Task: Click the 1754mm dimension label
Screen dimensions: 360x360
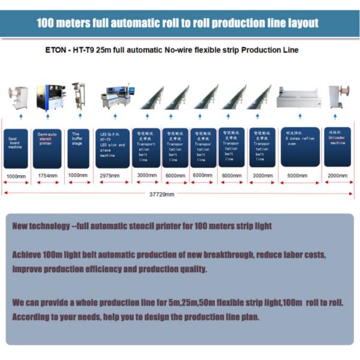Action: pos(47,176)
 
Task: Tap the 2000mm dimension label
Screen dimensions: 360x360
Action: pos(337,176)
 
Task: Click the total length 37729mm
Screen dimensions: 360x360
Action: pos(161,194)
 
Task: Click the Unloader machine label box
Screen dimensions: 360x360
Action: pos(337,147)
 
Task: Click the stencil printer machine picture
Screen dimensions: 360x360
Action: pos(47,97)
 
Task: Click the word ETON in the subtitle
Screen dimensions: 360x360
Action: pos(56,50)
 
